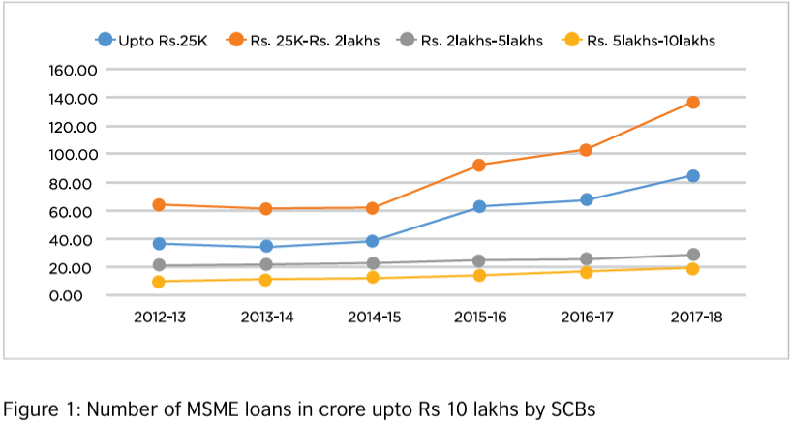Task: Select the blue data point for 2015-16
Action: tap(478, 206)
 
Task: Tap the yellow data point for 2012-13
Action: tap(159, 282)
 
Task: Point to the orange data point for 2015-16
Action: tap(478, 165)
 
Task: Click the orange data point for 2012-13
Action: tap(159, 204)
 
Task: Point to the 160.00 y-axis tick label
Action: tap(70, 70)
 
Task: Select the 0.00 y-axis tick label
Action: tap(77, 295)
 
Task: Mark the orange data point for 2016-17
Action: tap(586, 150)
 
